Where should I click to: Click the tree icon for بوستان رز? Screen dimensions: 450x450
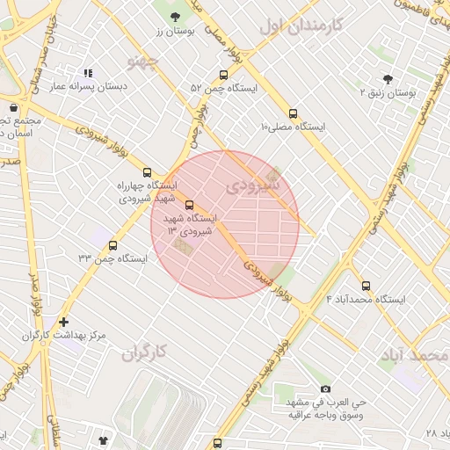click(x=175, y=17)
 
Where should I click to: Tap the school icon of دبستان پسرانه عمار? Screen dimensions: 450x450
click(x=87, y=73)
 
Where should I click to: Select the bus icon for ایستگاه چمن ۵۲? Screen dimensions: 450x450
click(x=223, y=75)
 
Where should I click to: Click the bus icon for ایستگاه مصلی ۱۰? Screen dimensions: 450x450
click(x=293, y=113)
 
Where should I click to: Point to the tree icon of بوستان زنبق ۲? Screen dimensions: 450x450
click(x=388, y=78)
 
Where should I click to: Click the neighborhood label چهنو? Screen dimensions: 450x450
click(x=142, y=61)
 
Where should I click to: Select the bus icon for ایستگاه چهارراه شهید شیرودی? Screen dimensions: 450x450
click(x=147, y=172)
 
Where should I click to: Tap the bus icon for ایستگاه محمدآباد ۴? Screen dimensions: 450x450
click(x=366, y=286)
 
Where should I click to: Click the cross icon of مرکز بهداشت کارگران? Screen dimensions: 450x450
click(x=62, y=322)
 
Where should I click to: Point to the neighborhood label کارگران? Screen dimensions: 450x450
click(x=145, y=352)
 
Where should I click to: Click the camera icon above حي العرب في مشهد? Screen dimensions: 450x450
click(x=326, y=388)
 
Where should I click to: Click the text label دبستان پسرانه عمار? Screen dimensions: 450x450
click(x=87, y=87)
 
